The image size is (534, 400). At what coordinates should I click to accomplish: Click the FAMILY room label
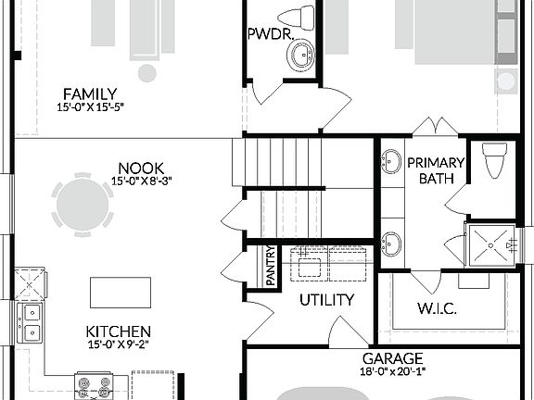click(90, 94)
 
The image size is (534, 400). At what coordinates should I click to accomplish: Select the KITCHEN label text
click(118, 331)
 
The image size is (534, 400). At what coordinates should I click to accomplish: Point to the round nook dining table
click(83, 205)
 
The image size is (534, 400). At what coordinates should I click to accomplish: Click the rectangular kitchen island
click(120, 293)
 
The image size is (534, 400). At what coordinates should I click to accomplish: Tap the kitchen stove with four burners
click(94, 386)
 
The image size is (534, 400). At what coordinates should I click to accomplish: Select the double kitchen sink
click(31, 323)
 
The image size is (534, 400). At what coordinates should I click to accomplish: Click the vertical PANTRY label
click(271, 266)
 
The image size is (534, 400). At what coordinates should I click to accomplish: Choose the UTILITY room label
click(325, 300)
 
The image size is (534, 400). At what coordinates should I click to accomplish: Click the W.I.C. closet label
click(439, 307)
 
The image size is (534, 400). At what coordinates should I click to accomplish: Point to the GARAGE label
click(392, 358)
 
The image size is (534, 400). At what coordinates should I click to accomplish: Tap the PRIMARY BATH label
click(436, 170)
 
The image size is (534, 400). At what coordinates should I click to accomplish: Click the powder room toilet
click(297, 16)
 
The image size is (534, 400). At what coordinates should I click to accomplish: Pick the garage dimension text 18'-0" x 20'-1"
click(392, 372)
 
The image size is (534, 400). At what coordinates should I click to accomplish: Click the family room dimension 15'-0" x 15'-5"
click(90, 107)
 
